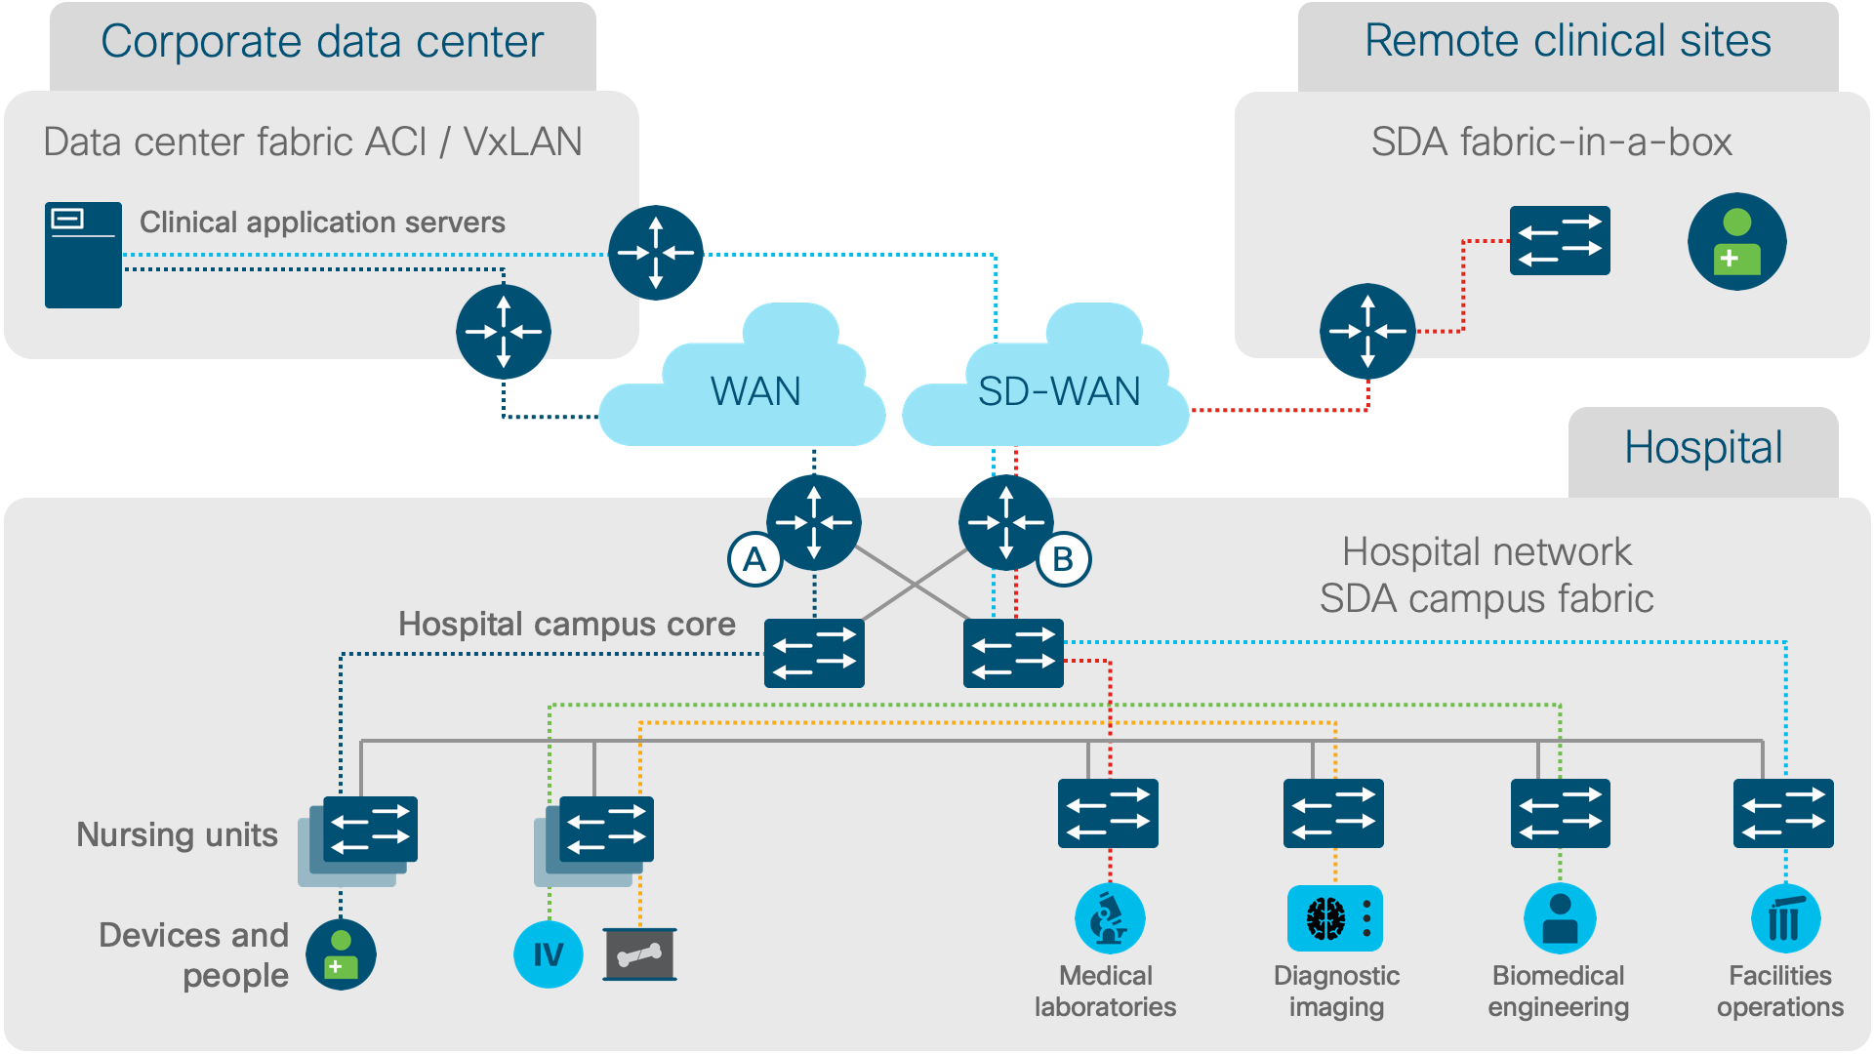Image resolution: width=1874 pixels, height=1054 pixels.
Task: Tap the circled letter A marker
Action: pos(754,559)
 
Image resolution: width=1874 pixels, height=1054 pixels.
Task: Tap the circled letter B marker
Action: pos(1063,559)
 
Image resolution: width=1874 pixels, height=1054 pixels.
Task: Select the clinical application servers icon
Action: pos(83,255)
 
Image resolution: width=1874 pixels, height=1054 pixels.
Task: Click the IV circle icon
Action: pos(548,953)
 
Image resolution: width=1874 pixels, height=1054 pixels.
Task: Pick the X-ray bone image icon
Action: pos(639,953)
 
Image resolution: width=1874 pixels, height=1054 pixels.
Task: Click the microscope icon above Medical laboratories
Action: pos(1110,918)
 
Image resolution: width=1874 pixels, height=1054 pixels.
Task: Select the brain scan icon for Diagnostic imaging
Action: pos(1334,918)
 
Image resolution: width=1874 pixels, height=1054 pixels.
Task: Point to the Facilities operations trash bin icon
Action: pos(1785,918)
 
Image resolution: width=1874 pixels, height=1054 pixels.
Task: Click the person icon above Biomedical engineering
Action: pos(1560,918)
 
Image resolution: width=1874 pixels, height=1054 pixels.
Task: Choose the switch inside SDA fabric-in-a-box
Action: pos(1560,240)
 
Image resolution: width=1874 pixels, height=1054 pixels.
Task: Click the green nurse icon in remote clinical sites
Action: pos(1736,241)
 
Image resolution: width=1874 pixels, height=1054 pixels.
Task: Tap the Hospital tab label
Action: pos(1703,449)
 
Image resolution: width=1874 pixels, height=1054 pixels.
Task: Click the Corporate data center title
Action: pos(322,42)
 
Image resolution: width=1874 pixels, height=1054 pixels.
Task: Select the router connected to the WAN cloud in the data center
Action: pos(504,332)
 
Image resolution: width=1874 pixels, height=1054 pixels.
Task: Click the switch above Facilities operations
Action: pos(1783,813)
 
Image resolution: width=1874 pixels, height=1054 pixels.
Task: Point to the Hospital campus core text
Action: pos(566,625)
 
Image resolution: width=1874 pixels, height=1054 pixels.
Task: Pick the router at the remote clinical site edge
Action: pos(1367,332)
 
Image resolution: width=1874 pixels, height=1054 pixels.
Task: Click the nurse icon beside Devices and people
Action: pos(341,953)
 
